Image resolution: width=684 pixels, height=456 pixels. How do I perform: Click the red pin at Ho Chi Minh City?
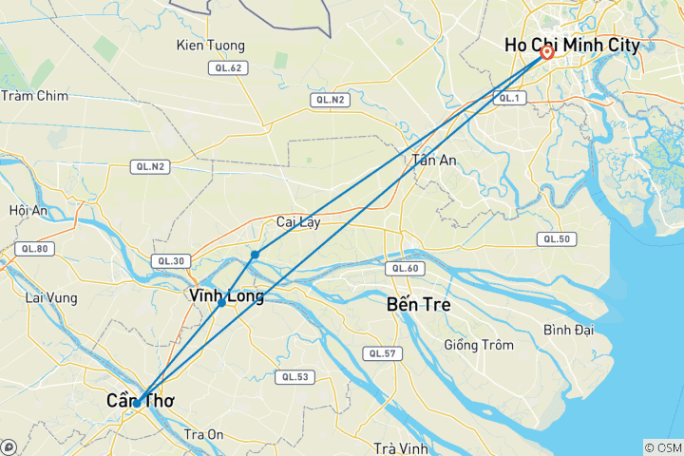pyautogui.click(x=547, y=53)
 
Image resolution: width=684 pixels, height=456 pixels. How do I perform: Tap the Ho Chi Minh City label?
pyautogui.click(x=572, y=46)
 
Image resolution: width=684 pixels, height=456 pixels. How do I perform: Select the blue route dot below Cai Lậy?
pyautogui.click(x=255, y=255)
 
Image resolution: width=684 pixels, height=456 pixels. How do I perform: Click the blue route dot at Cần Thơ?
pyautogui.click(x=137, y=403)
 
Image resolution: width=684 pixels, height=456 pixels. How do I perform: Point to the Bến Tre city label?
pyautogui.click(x=419, y=305)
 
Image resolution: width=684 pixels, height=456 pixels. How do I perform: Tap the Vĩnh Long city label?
pyautogui.click(x=227, y=296)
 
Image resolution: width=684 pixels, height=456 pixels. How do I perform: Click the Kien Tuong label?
pyautogui.click(x=211, y=46)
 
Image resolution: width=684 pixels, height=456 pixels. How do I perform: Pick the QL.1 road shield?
pyautogui.click(x=510, y=98)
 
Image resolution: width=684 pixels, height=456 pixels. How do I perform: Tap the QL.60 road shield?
pyautogui.click(x=403, y=269)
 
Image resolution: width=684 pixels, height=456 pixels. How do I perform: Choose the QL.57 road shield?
pyautogui.click(x=382, y=353)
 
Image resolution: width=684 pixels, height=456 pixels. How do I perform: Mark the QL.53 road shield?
pyautogui.click(x=294, y=377)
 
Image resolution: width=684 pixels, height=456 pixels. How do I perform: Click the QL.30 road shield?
pyautogui.click(x=172, y=261)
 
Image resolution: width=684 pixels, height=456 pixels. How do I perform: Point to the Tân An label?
pyautogui.click(x=434, y=160)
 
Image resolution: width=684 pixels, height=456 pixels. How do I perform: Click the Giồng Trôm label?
pyautogui.click(x=476, y=345)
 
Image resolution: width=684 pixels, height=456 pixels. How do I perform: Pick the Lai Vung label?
pyautogui.click(x=49, y=297)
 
